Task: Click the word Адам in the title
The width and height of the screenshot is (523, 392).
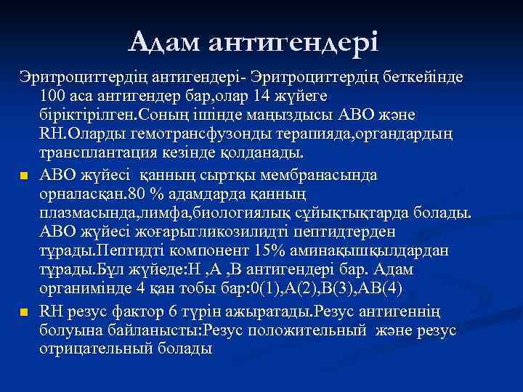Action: (x=166, y=42)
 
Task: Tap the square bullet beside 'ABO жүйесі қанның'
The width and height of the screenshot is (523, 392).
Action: (x=24, y=174)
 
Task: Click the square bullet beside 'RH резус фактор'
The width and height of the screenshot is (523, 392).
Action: (x=24, y=312)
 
